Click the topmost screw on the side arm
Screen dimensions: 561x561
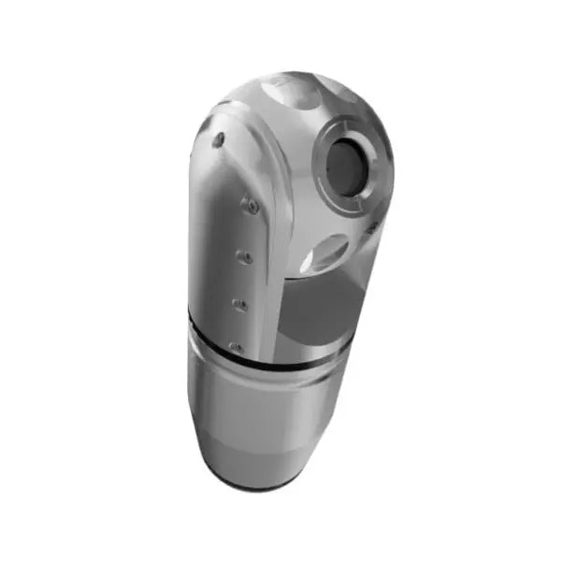pos(218,139)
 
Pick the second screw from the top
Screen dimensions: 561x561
pos(250,206)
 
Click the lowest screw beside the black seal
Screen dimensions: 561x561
pos(236,348)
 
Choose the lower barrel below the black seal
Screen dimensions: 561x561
pos(262,411)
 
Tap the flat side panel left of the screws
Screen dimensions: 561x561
pos(210,243)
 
